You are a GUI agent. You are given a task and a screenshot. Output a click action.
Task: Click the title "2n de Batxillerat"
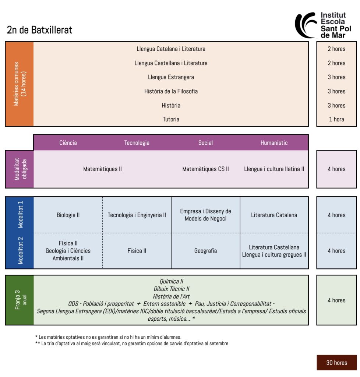click(40, 30)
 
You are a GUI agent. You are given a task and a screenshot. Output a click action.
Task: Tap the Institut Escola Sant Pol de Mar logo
click(324, 25)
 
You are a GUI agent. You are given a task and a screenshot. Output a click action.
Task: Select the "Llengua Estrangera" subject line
click(171, 77)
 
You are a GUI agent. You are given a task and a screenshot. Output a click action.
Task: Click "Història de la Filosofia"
click(171, 91)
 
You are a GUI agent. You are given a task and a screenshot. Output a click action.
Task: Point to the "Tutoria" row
click(171, 119)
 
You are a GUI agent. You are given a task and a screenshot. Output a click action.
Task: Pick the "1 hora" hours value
click(336, 119)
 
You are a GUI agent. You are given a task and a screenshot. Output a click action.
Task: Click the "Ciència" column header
click(68, 143)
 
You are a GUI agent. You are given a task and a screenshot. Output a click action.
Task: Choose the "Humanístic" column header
click(274, 143)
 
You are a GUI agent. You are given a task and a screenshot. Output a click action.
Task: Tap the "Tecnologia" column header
click(137, 143)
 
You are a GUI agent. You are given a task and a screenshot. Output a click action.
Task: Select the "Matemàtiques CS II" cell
click(205, 169)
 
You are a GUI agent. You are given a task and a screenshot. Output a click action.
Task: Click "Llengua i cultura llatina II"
click(274, 169)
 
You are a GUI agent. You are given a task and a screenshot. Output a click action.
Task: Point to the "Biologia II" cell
click(68, 215)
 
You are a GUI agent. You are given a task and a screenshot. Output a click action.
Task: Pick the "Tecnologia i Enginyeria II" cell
click(137, 215)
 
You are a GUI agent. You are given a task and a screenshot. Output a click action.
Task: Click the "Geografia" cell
click(205, 251)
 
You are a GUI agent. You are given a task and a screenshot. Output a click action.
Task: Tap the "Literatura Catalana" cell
click(274, 215)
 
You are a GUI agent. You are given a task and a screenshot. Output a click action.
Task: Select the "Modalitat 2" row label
click(20, 251)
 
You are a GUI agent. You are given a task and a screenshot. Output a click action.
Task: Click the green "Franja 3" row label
click(19, 300)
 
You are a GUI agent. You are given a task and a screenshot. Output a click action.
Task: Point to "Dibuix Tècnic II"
click(171, 289)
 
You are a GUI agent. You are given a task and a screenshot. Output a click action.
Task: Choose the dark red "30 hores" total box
click(336, 363)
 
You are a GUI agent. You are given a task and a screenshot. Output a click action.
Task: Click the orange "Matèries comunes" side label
click(19, 84)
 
